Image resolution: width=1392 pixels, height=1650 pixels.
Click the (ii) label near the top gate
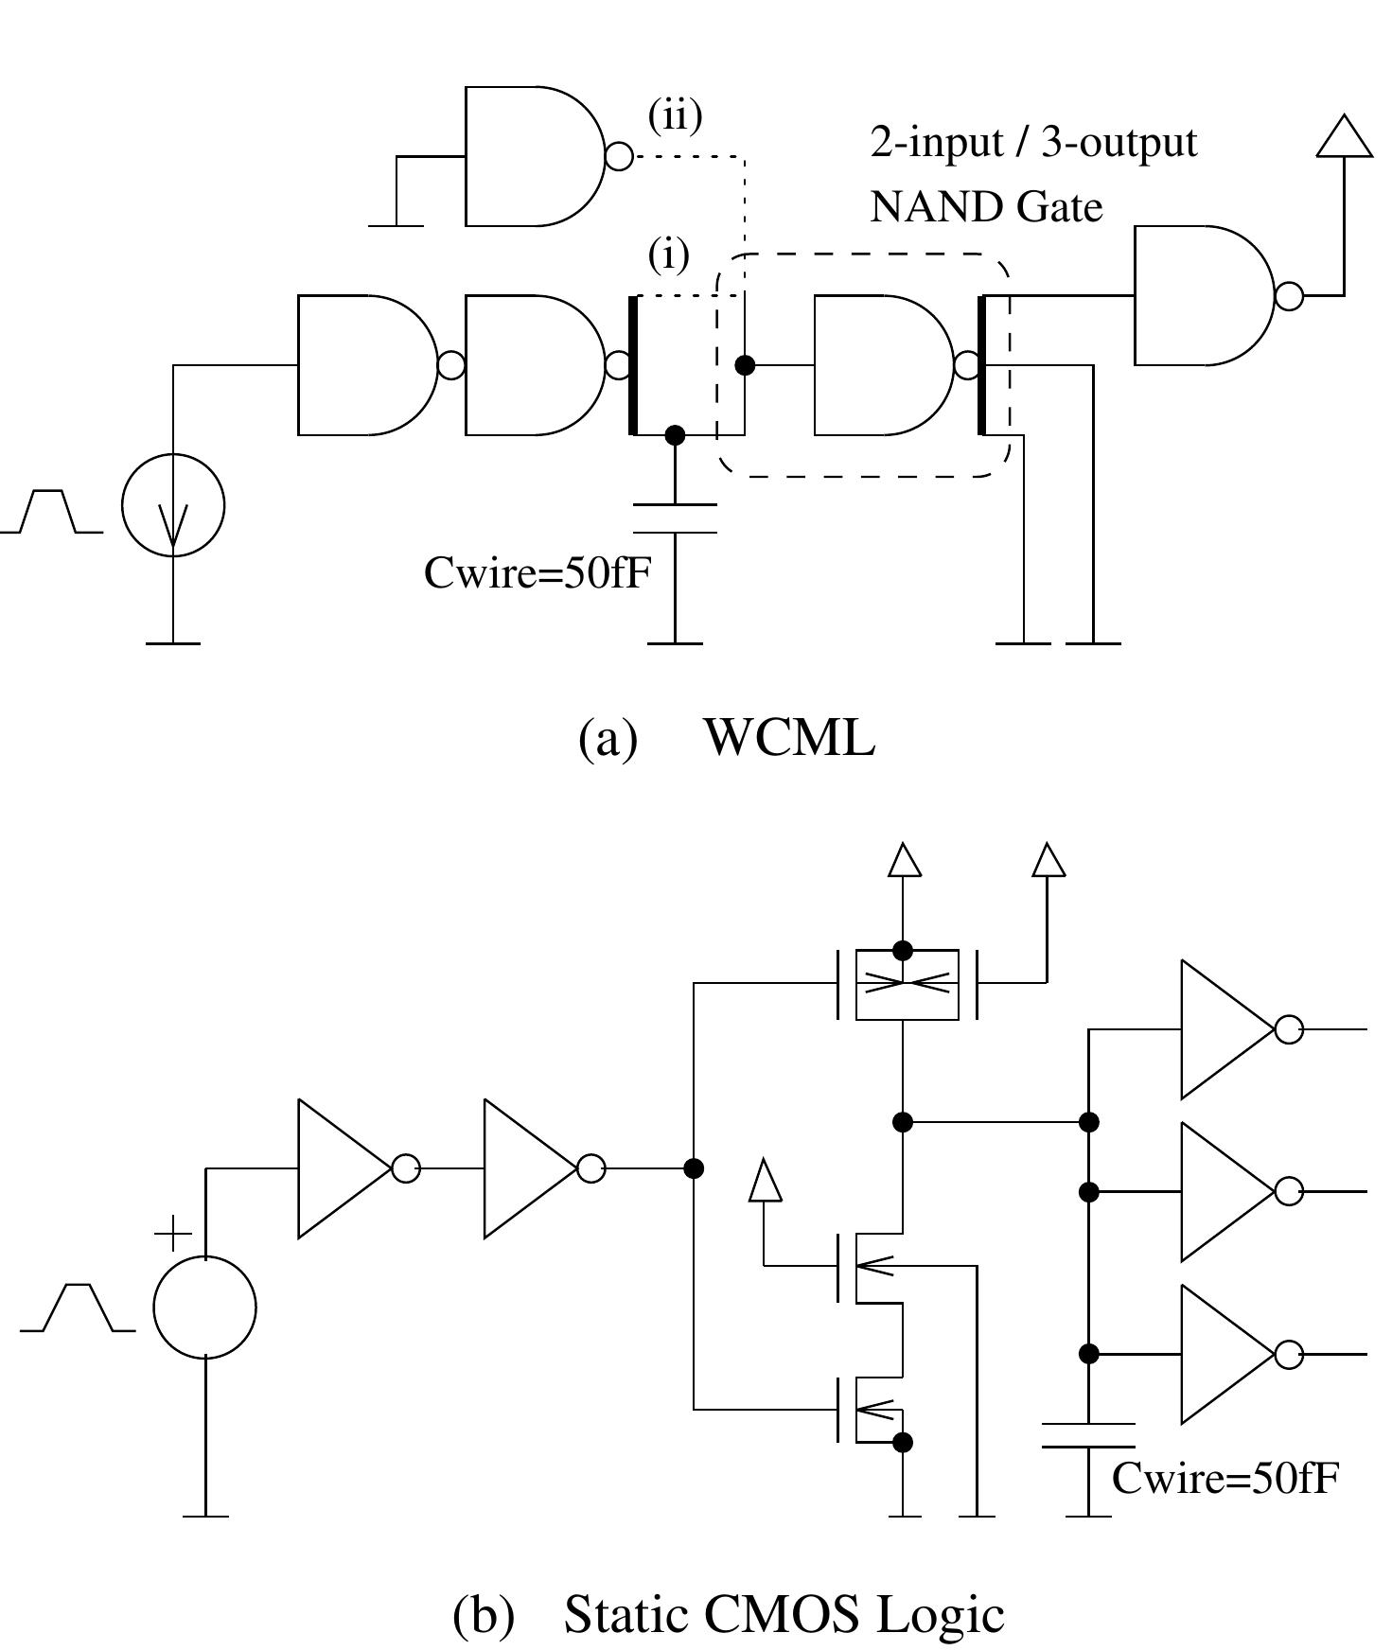pyautogui.click(x=675, y=115)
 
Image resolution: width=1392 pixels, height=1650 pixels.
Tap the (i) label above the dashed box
pyautogui.click(x=668, y=255)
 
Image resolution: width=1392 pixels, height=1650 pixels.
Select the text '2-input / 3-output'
pyautogui.click(x=1033, y=143)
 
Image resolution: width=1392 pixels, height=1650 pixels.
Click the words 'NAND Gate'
pyautogui.click(x=986, y=207)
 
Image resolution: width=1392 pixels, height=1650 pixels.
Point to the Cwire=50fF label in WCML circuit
pyautogui.click(x=537, y=572)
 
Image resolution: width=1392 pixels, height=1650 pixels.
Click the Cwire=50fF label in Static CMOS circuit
pyautogui.click(x=1225, y=1478)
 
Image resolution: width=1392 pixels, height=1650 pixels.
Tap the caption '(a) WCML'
pyautogui.click(x=726, y=738)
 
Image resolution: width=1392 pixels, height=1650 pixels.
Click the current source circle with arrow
pyautogui.click(x=173, y=505)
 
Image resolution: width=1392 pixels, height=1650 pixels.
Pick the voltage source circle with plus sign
pyautogui.click(x=204, y=1308)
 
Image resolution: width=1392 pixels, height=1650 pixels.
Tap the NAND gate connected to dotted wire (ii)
pyautogui.click(x=535, y=156)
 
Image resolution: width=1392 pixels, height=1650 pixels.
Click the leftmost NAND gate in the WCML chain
pyautogui.click(x=368, y=365)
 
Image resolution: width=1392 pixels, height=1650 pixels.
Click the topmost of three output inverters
pyautogui.click(x=1227, y=1029)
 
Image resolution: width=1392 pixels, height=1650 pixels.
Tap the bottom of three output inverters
pyautogui.click(x=1227, y=1354)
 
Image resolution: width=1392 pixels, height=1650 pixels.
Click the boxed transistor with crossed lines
pyautogui.click(x=907, y=985)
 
